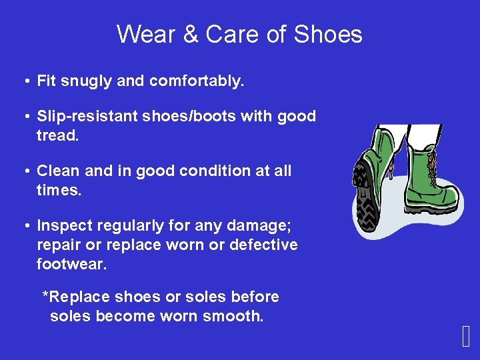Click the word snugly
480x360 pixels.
coord(88,82)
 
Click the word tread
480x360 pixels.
coord(57,135)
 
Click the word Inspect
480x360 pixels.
coord(63,226)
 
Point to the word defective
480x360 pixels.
coord(263,245)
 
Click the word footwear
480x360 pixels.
coord(71,264)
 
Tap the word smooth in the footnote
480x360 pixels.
coord(235,316)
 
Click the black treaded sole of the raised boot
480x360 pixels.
coord(365,197)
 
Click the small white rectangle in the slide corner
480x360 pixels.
coord(465,338)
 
